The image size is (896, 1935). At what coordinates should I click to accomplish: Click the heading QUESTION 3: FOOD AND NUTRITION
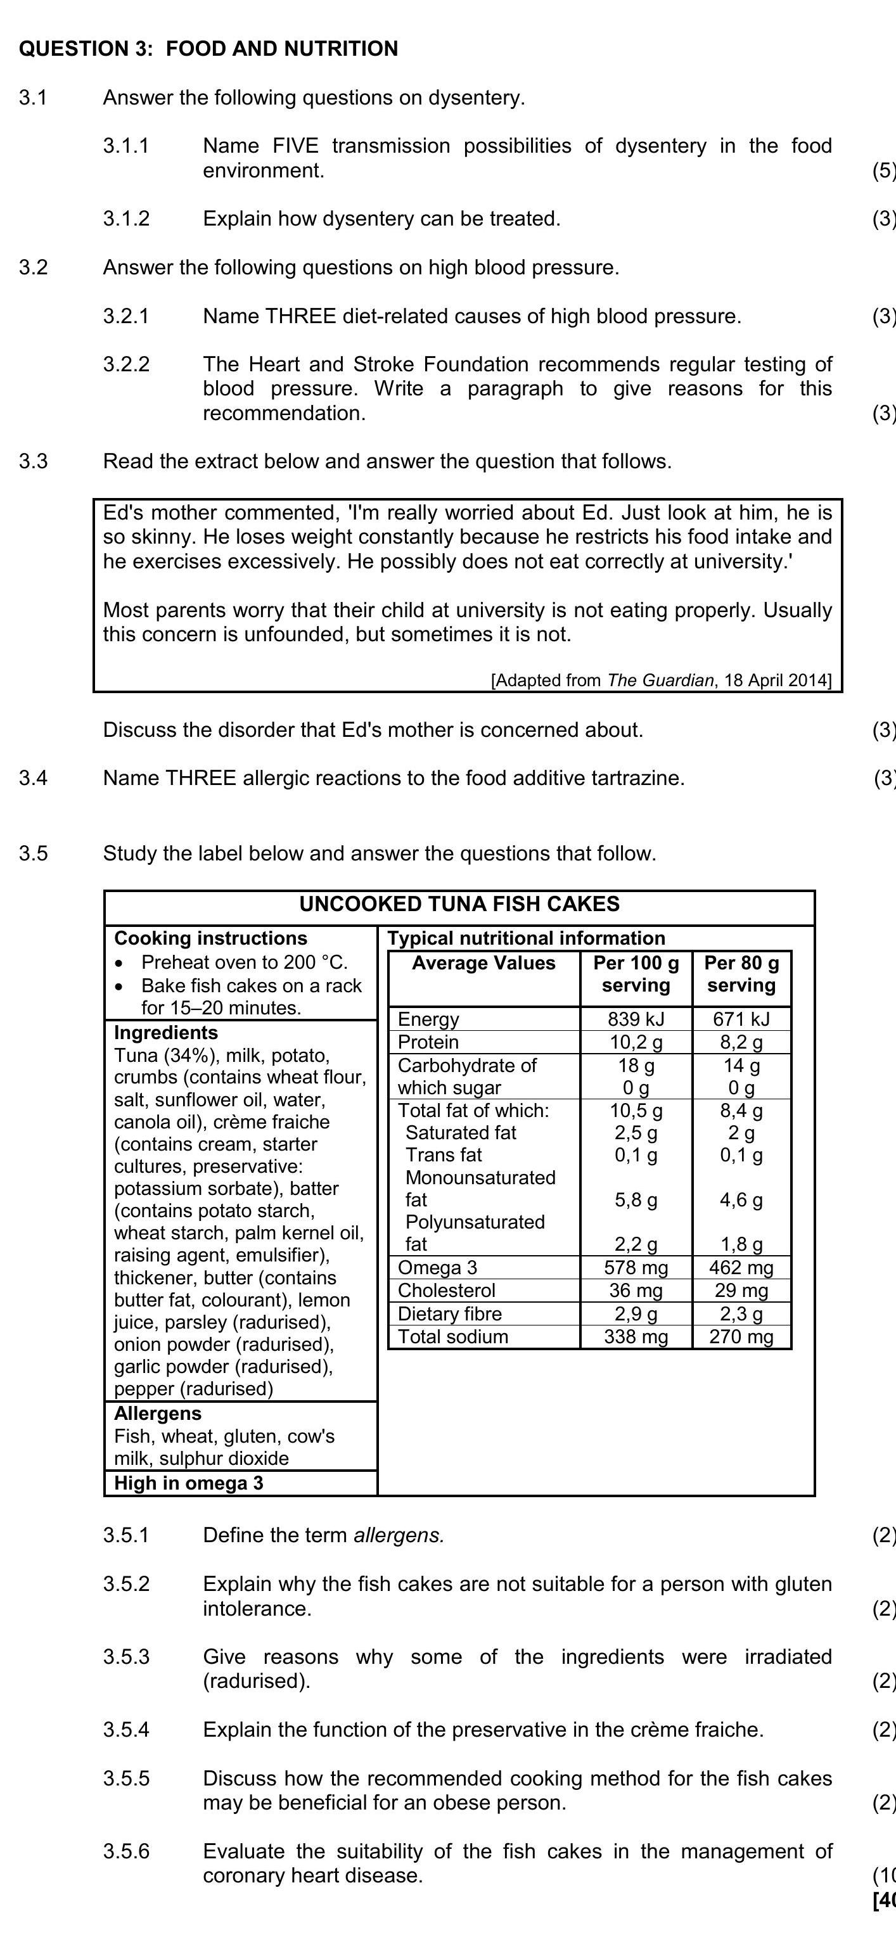coord(208,49)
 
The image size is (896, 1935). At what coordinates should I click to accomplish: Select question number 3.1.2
coord(126,219)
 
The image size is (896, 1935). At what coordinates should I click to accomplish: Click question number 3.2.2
coord(126,364)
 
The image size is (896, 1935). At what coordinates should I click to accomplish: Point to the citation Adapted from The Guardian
coord(661,680)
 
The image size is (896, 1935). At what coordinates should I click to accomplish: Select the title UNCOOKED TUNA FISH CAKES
coord(459,904)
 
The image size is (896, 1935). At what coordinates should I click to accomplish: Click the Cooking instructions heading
coord(210,938)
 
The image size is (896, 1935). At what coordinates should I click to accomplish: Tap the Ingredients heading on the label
coord(166,1032)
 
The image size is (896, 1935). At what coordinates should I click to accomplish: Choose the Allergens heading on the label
coord(158,1414)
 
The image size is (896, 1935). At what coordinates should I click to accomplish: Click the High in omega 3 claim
coord(188,1483)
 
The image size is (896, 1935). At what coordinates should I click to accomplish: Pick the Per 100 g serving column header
coord(636,974)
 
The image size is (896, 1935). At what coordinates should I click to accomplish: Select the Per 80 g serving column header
coord(741,974)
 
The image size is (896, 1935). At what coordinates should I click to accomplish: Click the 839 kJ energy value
coord(636,1019)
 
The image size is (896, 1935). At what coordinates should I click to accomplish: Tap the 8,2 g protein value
coord(741,1042)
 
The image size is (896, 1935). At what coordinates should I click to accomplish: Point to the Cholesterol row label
coord(446,1291)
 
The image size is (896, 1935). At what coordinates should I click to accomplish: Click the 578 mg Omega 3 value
coord(636,1268)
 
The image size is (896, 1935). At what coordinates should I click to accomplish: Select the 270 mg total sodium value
coord(741,1336)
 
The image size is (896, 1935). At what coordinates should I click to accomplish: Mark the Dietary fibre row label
coord(449,1314)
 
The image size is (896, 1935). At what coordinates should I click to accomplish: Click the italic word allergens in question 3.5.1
coord(399,1535)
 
